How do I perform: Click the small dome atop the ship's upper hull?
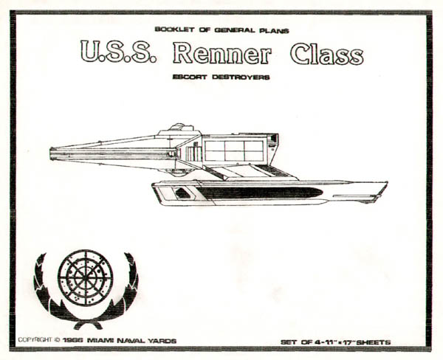click(176, 128)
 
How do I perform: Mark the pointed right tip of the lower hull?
click(385, 184)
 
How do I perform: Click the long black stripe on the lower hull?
click(258, 193)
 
